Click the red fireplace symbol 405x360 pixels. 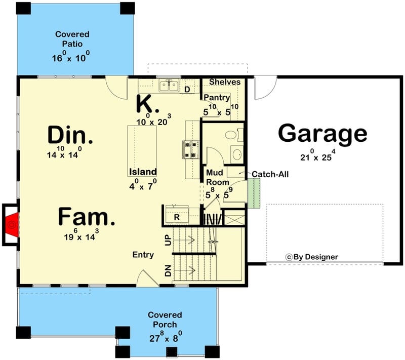point(12,224)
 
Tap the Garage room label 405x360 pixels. point(322,134)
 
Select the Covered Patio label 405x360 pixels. point(72,39)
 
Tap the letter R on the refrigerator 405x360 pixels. point(177,217)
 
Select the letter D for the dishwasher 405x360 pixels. point(187,90)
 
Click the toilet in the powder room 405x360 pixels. point(231,135)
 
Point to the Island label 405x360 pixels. point(142,172)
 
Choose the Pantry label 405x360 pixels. point(217,98)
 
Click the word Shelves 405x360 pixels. point(224,82)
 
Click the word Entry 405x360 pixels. point(143,255)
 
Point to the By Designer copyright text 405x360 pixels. point(312,257)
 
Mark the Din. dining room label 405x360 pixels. point(70,136)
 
